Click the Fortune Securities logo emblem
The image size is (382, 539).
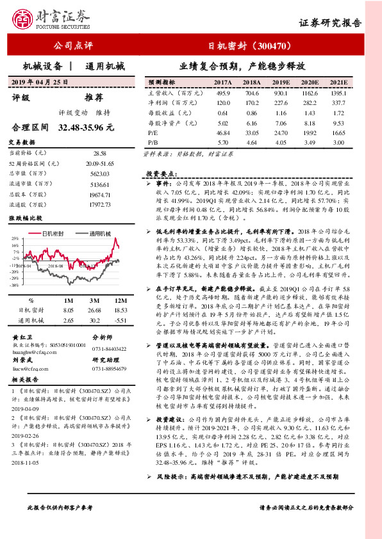pos(24,20)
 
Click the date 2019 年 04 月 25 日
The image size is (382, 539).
pos(40,83)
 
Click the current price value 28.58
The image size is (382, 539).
pos(100,154)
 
